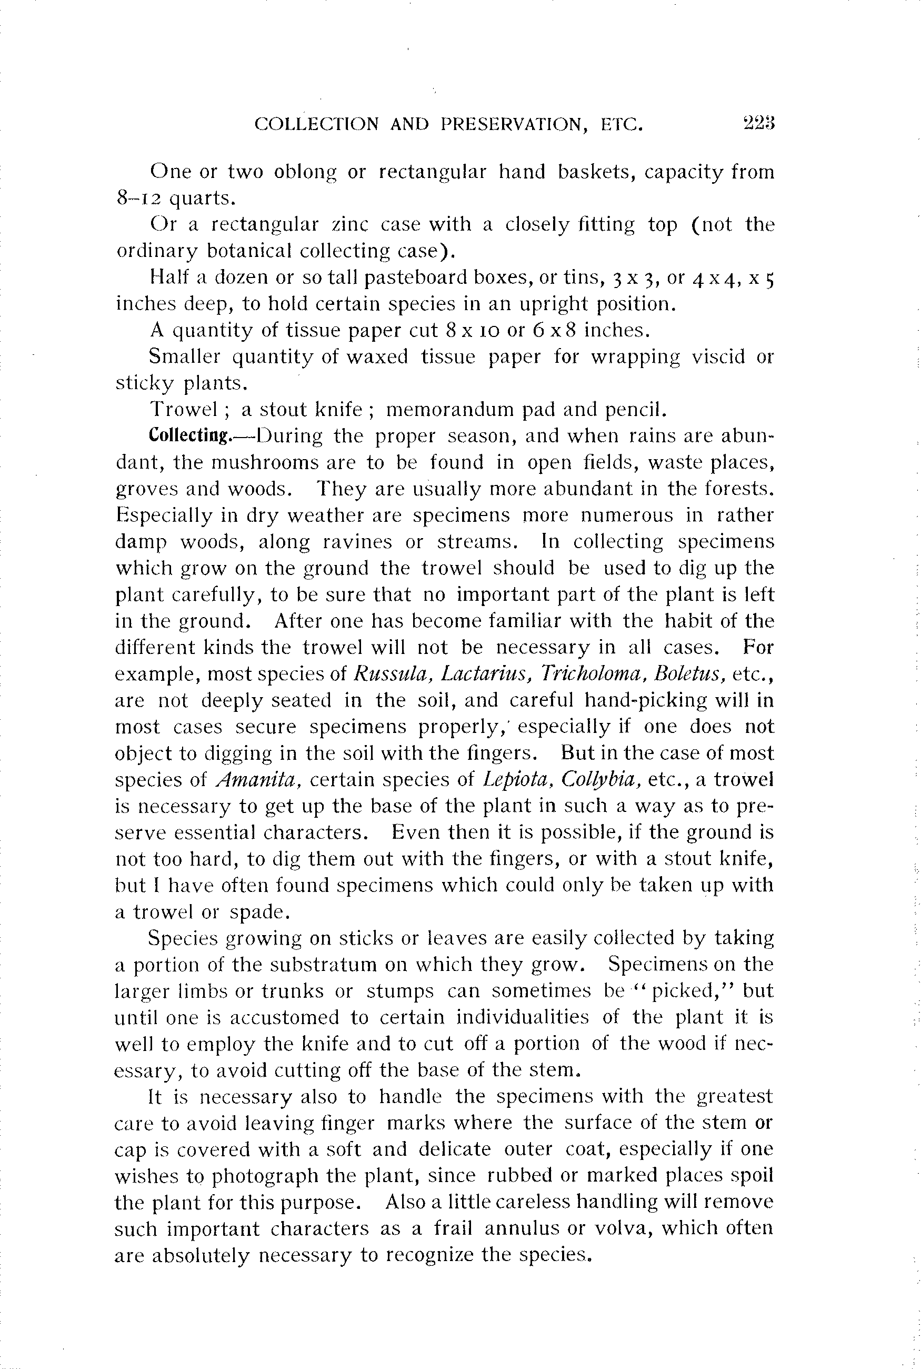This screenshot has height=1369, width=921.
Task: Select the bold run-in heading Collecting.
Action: pos(189,435)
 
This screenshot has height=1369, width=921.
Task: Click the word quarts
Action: pos(202,199)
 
